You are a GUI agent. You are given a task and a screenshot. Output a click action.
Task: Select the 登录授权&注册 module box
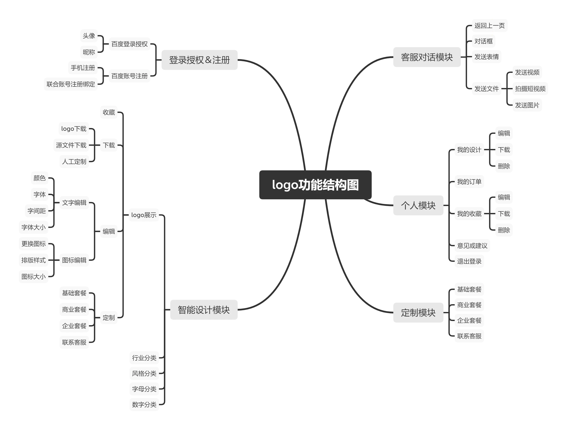[200, 60]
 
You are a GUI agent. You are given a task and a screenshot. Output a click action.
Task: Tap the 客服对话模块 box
[427, 57]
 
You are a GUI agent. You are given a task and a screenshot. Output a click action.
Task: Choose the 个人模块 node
[418, 206]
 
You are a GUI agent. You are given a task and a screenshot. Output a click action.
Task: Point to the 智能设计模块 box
[204, 310]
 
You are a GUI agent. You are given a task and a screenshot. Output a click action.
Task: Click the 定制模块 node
[418, 313]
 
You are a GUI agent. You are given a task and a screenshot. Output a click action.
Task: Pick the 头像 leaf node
[89, 36]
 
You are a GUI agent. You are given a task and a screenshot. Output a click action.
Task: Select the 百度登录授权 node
[129, 44]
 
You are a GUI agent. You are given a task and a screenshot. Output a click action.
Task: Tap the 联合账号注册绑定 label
[71, 84]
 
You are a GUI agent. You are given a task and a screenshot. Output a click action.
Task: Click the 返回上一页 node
[489, 26]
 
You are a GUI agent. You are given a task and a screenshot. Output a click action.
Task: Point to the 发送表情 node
[486, 57]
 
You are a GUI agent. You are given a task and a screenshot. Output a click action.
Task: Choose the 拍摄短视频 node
[530, 89]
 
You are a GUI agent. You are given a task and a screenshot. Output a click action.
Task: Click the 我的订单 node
[469, 182]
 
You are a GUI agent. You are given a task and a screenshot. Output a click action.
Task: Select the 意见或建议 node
[472, 246]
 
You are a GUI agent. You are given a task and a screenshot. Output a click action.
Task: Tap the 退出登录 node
[469, 261]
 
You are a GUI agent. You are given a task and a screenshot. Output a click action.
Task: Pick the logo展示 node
[144, 215]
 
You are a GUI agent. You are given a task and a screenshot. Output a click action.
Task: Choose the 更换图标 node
[34, 244]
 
